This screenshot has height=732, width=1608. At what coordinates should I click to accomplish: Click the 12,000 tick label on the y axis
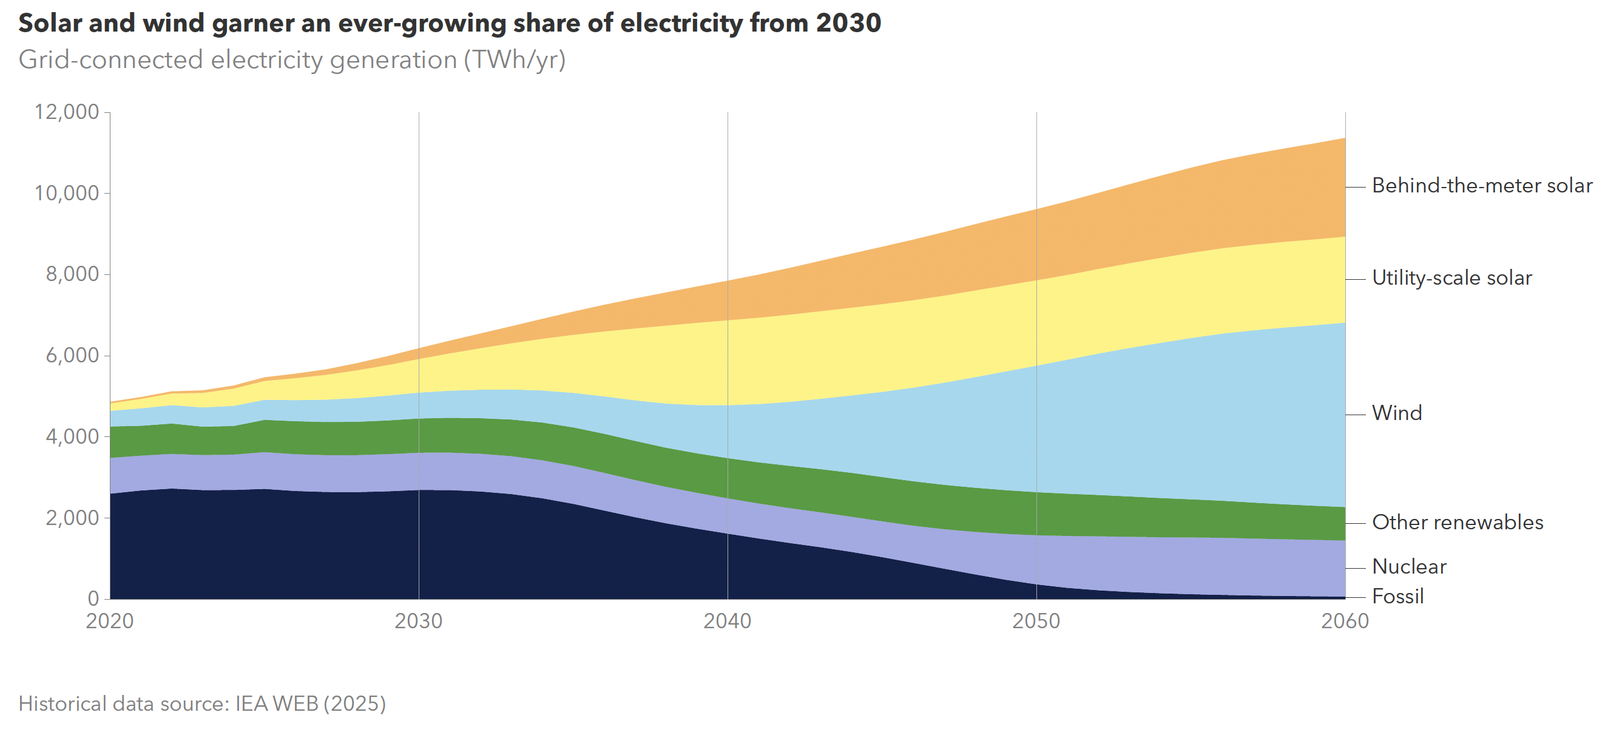(x=67, y=112)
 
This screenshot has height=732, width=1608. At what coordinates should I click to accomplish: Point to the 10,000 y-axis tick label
(x=67, y=194)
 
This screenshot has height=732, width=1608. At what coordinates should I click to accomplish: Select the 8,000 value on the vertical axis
(x=72, y=274)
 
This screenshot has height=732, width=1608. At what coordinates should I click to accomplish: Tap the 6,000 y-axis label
(x=72, y=356)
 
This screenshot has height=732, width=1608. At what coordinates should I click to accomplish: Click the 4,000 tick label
(x=72, y=436)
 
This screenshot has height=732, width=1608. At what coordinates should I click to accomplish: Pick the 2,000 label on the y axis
(x=72, y=518)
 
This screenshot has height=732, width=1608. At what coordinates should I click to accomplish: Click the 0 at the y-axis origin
(x=93, y=599)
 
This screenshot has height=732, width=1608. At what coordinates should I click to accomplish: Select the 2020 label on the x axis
(x=110, y=622)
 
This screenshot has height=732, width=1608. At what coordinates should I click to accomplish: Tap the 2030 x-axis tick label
(x=418, y=622)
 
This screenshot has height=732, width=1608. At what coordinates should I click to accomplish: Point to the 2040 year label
(x=727, y=622)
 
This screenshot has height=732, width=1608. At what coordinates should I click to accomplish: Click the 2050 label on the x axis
(x=1036, y=622)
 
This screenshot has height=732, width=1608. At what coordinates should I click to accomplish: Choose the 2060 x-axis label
(x=1345, y=622)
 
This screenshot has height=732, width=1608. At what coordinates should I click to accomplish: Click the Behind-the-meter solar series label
(x=1482, y=186)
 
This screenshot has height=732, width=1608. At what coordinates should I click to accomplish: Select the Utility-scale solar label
(x=1451, y=279)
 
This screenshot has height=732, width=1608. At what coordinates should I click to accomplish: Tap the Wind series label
(x=1396, y=413)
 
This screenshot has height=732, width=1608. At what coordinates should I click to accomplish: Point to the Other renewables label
(x=1457, y=523)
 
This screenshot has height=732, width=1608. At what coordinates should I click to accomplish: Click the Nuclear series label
(x=1409, y=567)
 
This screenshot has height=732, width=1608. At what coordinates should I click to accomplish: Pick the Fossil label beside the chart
(x=1397, y=597)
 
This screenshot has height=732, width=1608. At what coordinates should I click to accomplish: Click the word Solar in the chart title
(x=50, y=24)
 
